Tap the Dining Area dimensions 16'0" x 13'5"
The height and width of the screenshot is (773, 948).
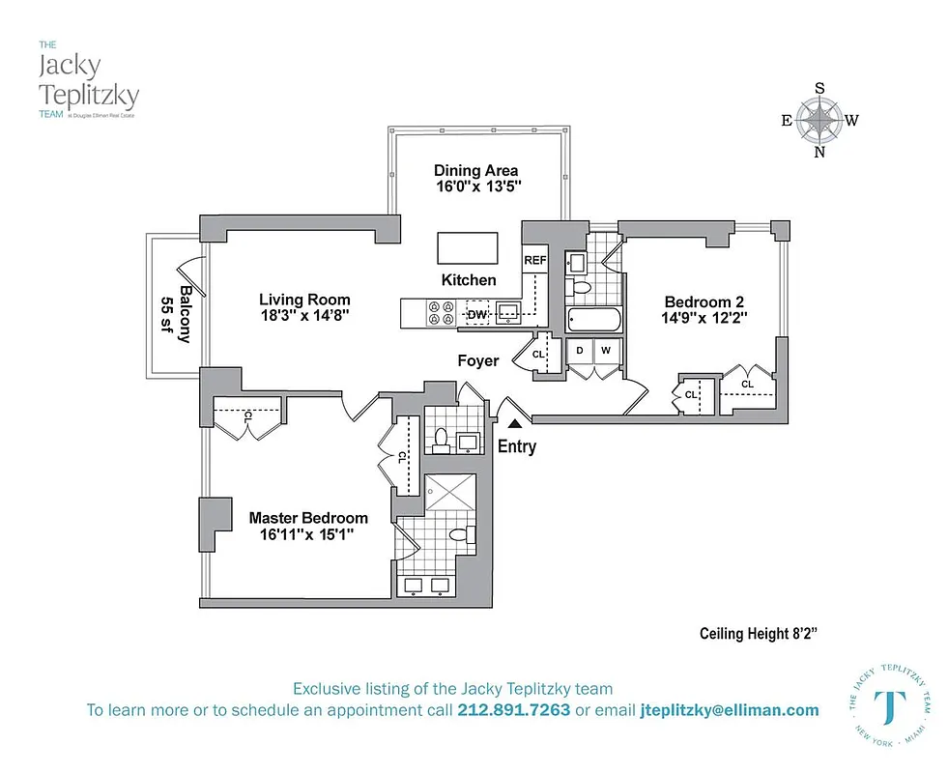(477, 186)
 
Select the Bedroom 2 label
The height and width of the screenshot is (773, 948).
(704, 300)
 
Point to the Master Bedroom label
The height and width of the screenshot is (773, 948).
(308, 518)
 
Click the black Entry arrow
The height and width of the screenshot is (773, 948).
(515, 421)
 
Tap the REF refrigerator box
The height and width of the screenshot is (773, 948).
(534, 261)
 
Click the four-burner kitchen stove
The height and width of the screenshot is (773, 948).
(441, 312)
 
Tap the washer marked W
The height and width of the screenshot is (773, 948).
(606, 351)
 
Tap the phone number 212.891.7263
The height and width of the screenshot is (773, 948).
(515, 710)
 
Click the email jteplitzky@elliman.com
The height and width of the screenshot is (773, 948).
(729, 710)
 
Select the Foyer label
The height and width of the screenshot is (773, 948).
(478, 360)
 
